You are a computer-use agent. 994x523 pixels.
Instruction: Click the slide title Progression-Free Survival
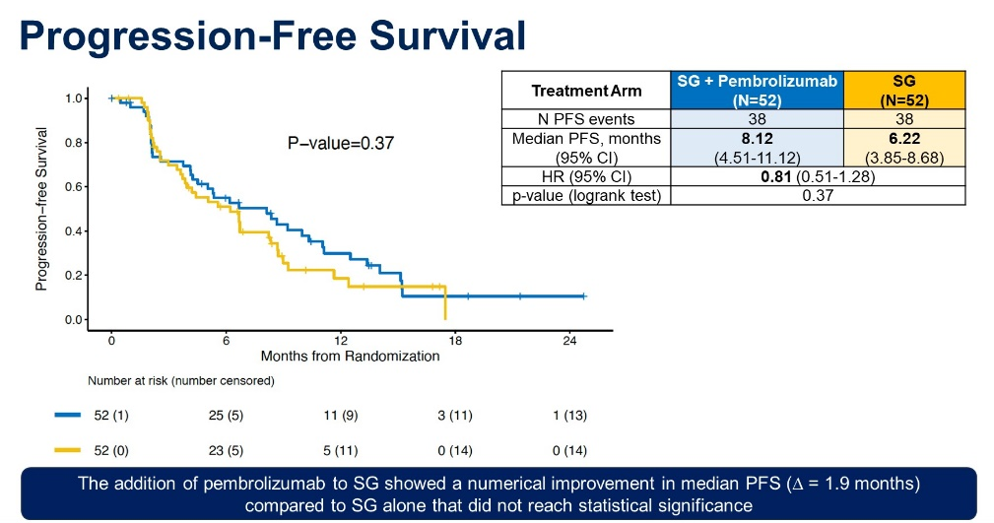pos(273,35)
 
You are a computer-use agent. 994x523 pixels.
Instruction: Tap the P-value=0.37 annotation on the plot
pos(341,143)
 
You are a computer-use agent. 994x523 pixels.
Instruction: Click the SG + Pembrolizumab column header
pos(757,90)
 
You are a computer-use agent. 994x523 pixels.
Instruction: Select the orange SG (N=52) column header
pos(904,90)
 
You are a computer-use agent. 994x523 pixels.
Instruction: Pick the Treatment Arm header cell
pos(586,91)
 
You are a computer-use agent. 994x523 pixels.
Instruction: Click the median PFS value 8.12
pos(757,139)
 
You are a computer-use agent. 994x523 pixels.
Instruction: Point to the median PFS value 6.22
pos(904,139)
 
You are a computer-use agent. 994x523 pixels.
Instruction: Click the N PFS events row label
pos(586,119)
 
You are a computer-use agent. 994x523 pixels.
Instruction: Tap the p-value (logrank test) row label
pos(586,196)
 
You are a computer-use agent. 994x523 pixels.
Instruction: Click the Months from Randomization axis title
pos(350,356)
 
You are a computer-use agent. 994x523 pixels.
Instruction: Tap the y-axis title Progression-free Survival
pos(41,209)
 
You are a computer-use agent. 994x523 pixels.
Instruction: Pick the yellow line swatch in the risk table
pos(67,450)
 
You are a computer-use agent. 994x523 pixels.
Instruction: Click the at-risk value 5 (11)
pos(341,450)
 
